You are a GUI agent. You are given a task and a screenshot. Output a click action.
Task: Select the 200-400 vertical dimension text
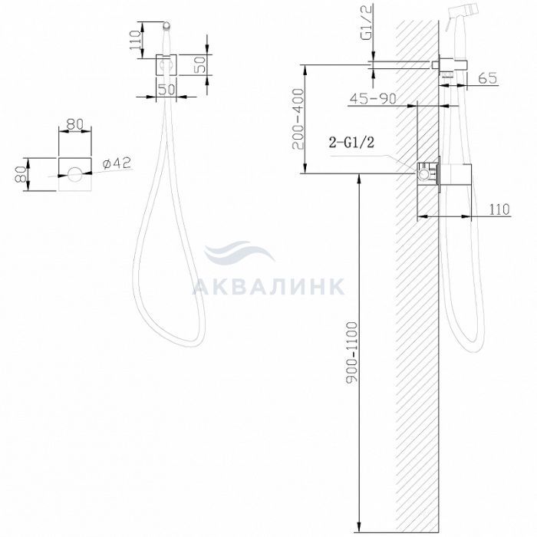[x=298, y=119]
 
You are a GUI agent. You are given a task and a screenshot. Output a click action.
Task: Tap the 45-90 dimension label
[x=373, y=99]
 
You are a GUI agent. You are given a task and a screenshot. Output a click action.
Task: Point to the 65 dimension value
[x=487, y=78]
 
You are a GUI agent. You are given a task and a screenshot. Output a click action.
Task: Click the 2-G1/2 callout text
[x=351, y=142]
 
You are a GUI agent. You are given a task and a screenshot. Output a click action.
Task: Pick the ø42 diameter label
[x=117, y=163]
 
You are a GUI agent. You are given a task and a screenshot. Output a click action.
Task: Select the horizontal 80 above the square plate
[x=75, y=124]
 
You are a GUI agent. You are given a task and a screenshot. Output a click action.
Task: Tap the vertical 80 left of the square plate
[x=21, y=174]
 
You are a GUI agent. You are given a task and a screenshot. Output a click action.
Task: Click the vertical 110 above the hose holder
[x=136, y=40]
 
